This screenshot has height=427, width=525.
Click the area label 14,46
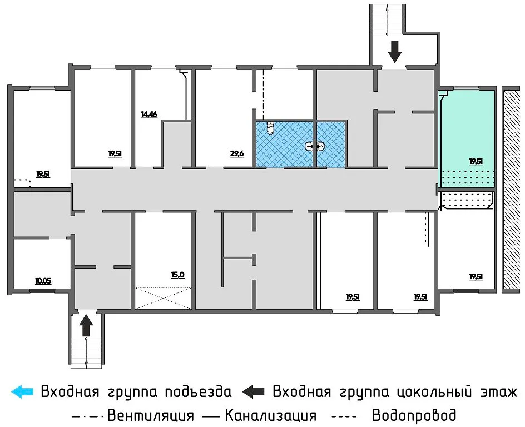pyautogui.click(x=149, y=115)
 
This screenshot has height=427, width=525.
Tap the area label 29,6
pyautogui.click(x=237, y=154)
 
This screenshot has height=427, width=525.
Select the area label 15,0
pyautogui.click(x=177, y=274)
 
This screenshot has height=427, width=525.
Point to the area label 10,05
pyautogui.click(x=43, y=281)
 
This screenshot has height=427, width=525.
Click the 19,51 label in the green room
pyautogui.click(x=476, y=162)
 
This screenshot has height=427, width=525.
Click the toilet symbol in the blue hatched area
pyautogui.click(x=270, y=128)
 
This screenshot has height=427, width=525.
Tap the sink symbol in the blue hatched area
pyautogui.click(x=314, y=147)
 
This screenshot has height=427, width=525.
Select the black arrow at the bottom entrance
pyautogui.click(x=86, y=325)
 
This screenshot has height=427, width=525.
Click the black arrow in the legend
pyautogui.click(x=254, y=391)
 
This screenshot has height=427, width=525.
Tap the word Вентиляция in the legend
pyautogui.click(x=150, y=415)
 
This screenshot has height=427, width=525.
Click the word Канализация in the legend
pyautogui.click(x=270, y=415)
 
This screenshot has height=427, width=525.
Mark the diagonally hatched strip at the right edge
pyautogui.click(x=510, y=189)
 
